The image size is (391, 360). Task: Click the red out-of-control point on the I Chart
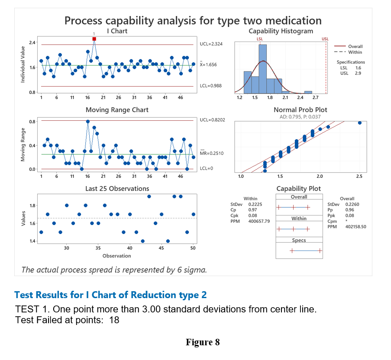tap(94, 39)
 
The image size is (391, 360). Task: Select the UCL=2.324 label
tap(211, 44)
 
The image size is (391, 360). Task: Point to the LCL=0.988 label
tap(211, 86)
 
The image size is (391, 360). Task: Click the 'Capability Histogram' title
tap(281, 31)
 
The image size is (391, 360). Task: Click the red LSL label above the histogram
tap(260, 39)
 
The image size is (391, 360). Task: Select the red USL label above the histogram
tap(325, 39)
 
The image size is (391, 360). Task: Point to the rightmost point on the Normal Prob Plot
tap(360, 123)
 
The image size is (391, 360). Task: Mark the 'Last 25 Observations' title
tap(117, 189)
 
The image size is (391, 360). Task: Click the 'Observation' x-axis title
tap(116, 256)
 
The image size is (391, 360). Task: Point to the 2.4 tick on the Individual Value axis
tap(32, 42)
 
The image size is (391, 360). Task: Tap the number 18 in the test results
tap(114, 320)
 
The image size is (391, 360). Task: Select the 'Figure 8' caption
tap(203, 343)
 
